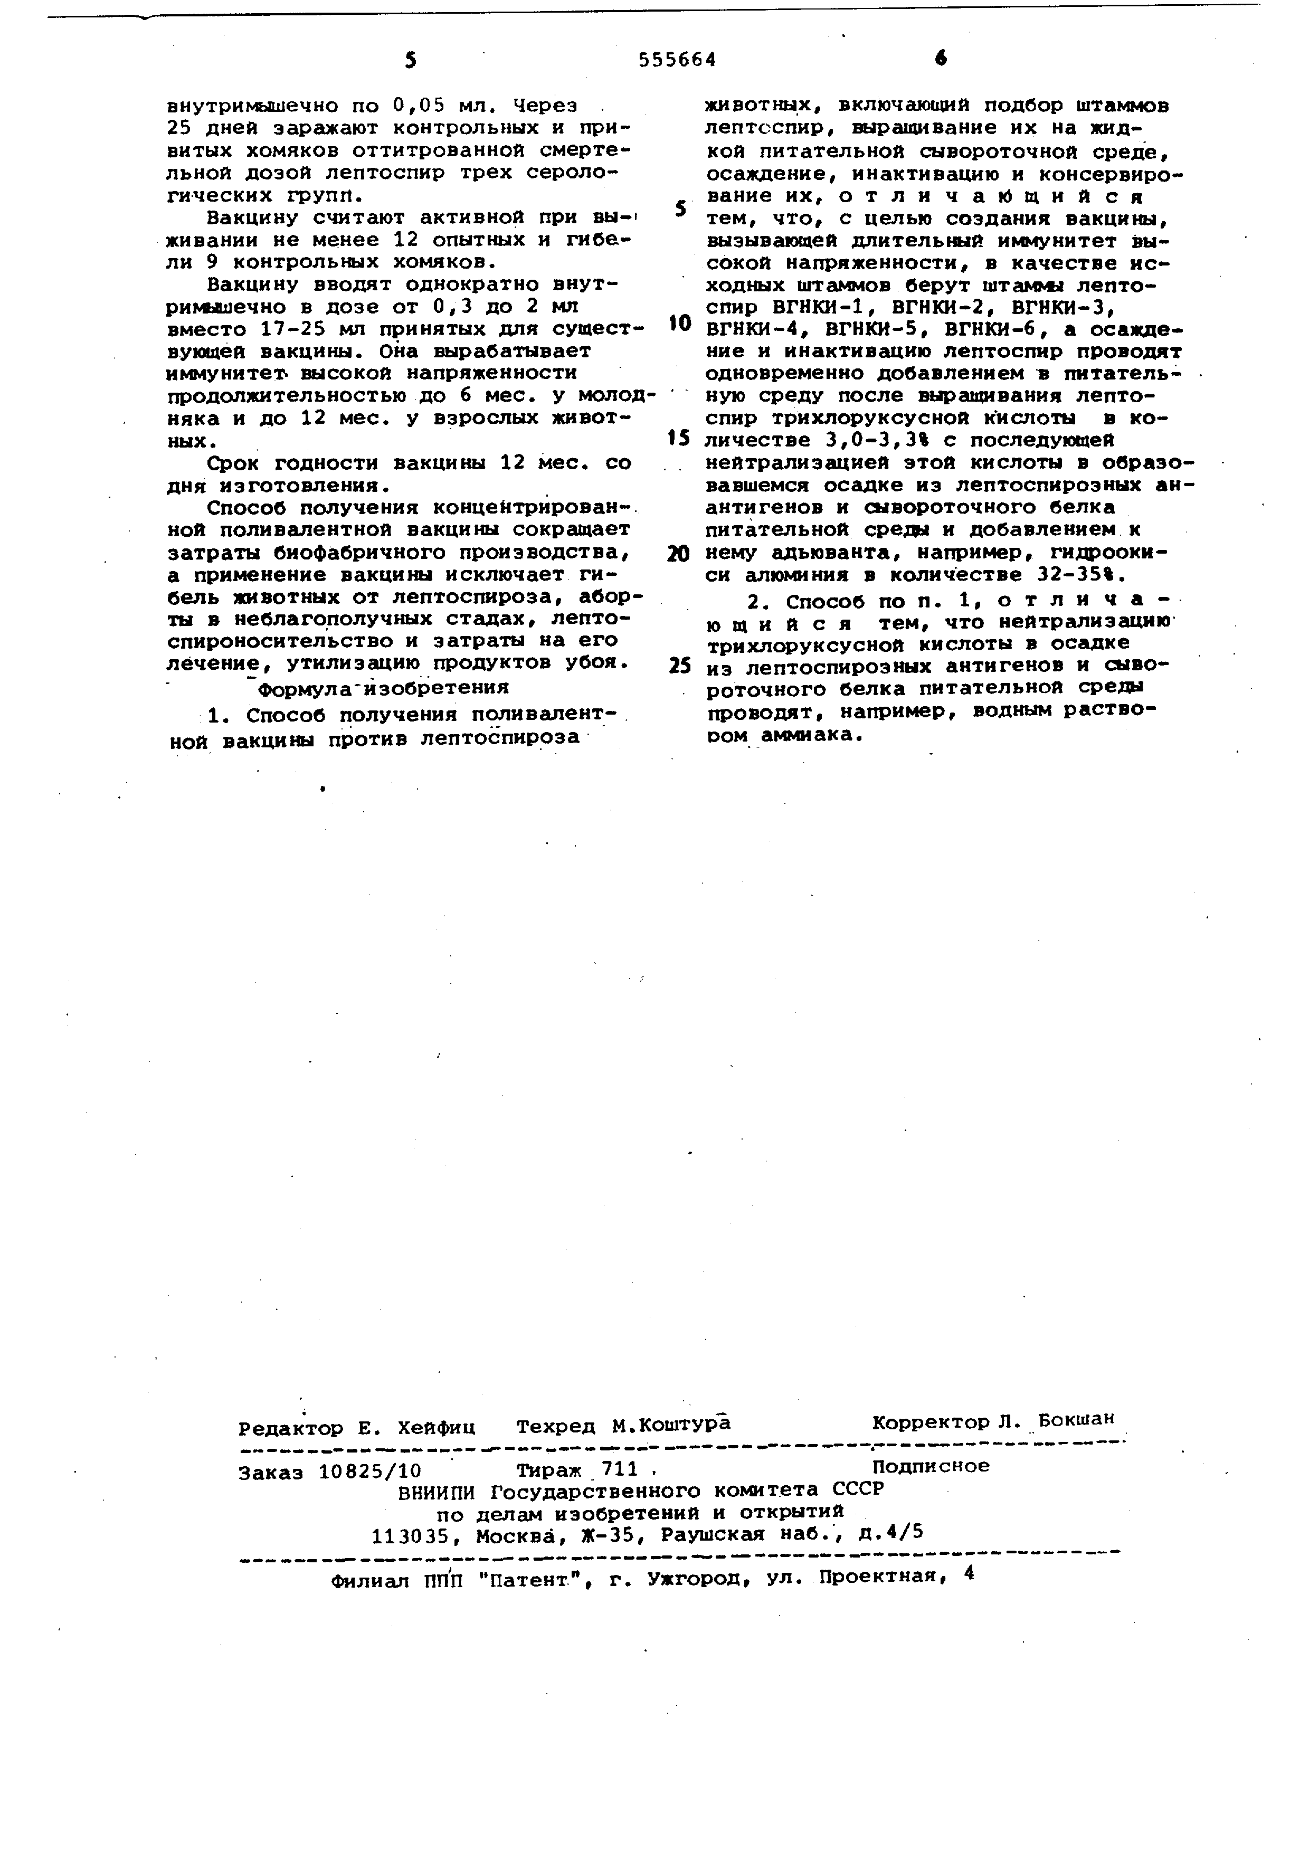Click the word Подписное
coord(930,1466)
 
